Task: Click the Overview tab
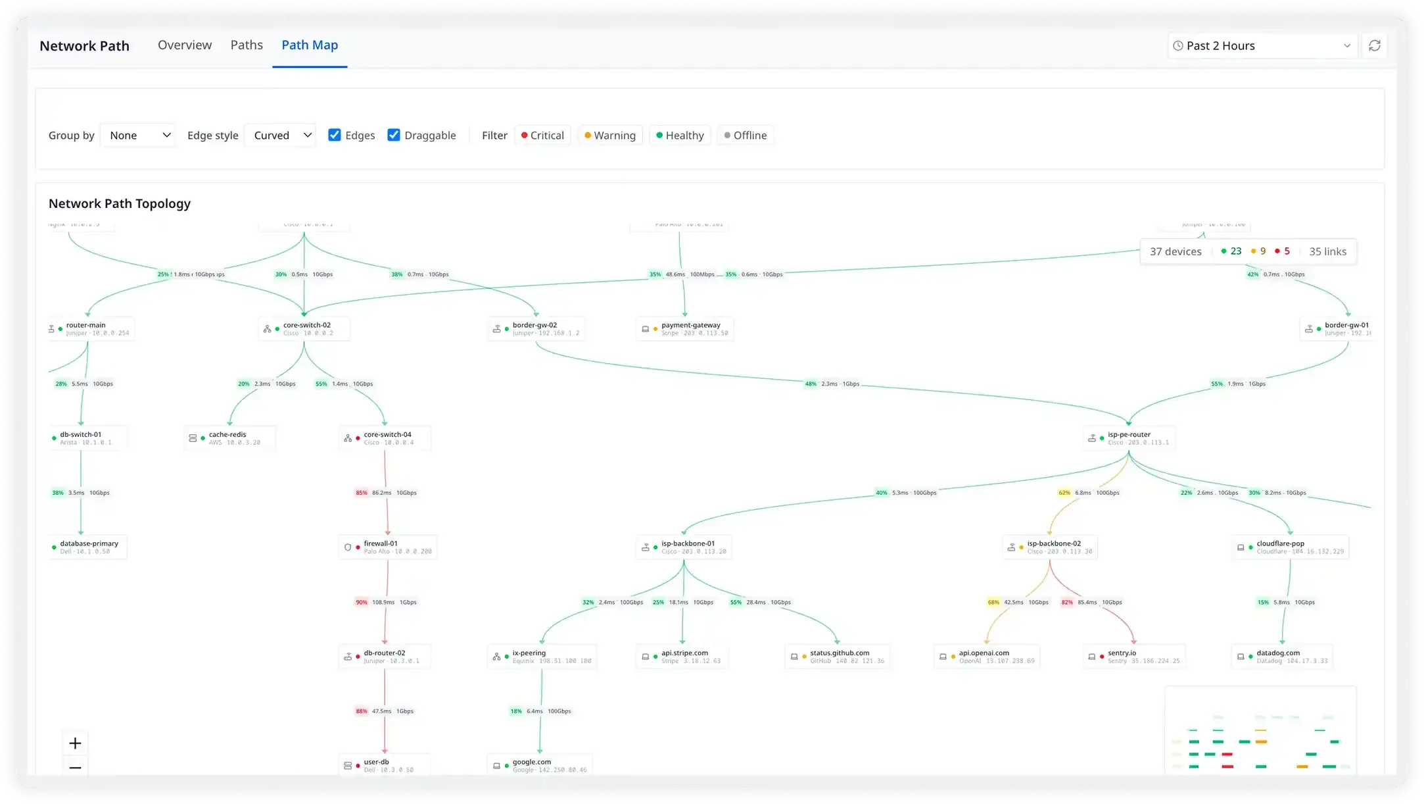pos(185,45)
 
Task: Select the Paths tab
pos(247,45)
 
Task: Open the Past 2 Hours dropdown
pos(1262,46)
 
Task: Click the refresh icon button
pos(1374,46)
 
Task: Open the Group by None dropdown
pos(138,136)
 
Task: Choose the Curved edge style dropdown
pos(281,136)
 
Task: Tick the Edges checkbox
pos(335,135)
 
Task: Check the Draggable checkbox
pos(394,135)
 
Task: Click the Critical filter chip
pos(543,136)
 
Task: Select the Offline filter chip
pos(746,136)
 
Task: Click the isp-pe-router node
pos(1129,438)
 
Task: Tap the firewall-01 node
pos(388,547)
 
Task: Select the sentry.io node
pos(1134,657)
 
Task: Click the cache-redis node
pos(230,438)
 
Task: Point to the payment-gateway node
pos(685,329)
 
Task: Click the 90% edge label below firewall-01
pos(362,602)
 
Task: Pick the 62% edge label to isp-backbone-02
pos(1064,493)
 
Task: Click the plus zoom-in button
pos(76,743)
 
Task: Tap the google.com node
pos(540,766)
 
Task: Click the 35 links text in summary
pos(1327,251)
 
